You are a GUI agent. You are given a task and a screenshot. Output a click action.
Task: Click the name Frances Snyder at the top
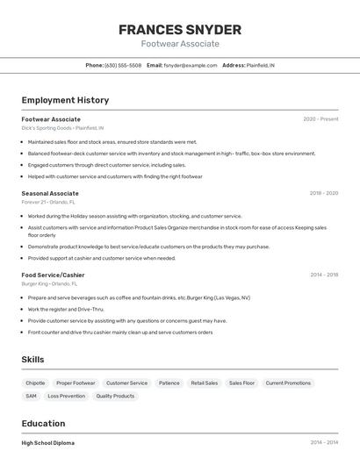179,30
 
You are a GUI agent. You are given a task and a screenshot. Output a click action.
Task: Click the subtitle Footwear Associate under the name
179,44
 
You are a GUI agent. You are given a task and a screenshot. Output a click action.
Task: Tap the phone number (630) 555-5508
123,65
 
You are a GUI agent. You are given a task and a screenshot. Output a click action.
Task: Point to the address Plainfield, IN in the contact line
260,65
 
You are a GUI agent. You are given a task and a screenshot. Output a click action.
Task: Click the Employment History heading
65,100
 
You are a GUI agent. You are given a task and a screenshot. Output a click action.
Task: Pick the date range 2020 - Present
320,118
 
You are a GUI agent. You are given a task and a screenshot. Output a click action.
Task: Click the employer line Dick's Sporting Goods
62,127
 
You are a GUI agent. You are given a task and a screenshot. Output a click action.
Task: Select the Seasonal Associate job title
50,193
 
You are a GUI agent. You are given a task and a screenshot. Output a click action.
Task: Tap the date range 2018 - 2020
324,193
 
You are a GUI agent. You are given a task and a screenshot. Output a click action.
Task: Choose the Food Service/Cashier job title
53,275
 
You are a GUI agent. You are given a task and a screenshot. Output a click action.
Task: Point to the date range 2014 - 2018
324,275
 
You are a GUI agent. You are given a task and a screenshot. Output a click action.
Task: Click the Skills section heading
32,360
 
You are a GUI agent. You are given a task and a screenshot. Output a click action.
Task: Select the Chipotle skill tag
35,383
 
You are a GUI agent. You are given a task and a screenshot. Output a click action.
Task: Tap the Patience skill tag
169,383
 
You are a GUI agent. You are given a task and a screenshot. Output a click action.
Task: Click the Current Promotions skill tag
288,383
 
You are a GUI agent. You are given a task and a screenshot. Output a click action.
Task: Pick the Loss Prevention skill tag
67,396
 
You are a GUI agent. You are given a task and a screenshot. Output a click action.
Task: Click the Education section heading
43,423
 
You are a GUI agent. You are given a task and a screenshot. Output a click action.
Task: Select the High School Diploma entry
47,443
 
